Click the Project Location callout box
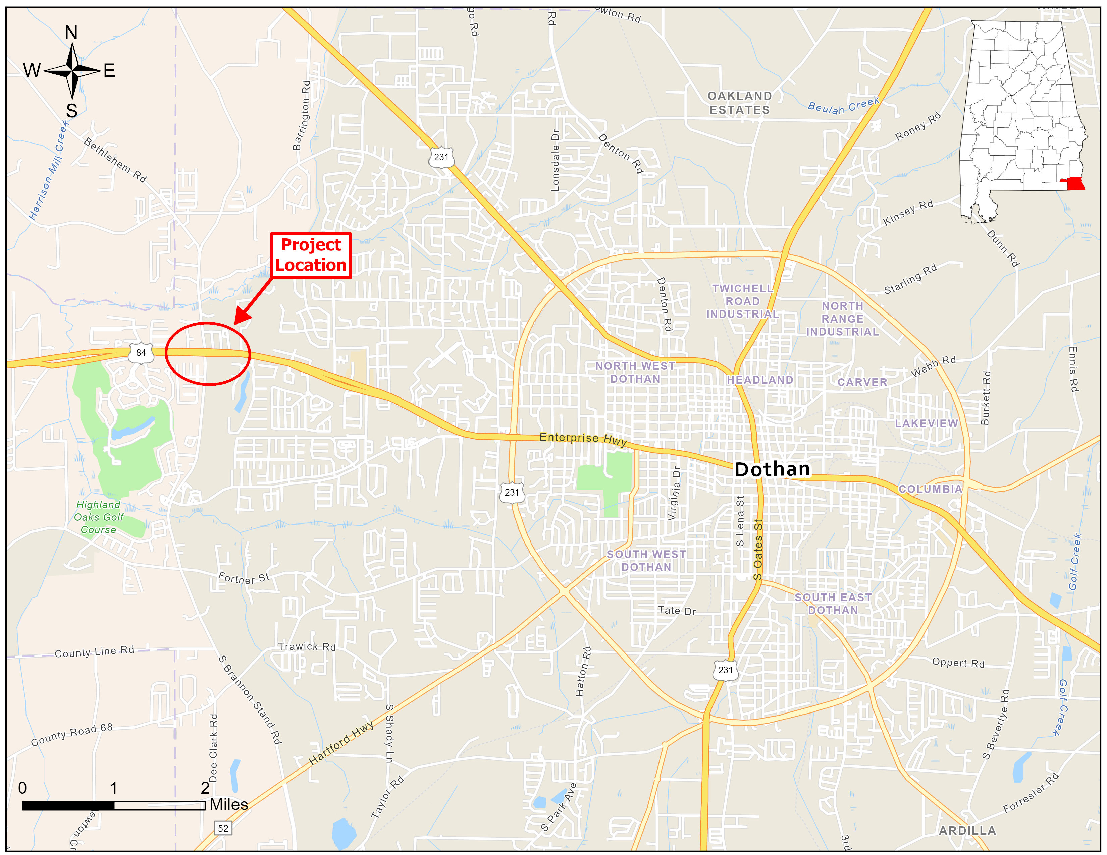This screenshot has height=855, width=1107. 311,255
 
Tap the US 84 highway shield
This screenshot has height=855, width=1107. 141,353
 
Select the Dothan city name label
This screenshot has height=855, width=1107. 772,469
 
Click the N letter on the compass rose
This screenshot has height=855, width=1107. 71,33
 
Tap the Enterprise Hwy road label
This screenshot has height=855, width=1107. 583,439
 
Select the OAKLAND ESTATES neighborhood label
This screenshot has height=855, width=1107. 740,103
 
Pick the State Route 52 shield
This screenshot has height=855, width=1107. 223,828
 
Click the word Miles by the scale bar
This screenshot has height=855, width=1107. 228,804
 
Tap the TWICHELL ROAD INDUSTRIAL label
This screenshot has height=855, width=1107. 743,301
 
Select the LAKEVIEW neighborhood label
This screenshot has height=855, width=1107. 926,423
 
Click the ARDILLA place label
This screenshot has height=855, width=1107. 967,831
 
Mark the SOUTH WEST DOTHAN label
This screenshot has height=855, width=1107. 646,561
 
